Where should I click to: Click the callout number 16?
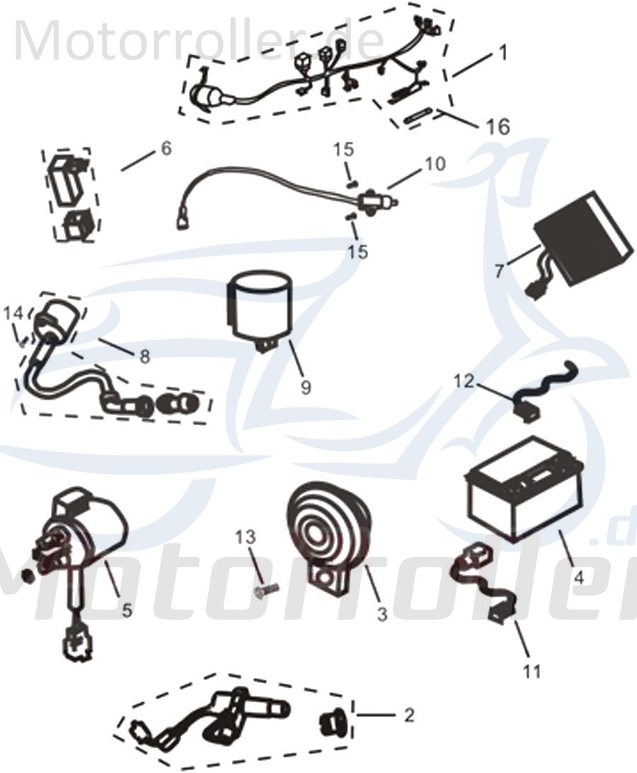[x=498, y=127]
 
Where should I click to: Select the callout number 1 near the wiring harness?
[x=503, y=53]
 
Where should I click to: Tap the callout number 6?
[x=166, y=148]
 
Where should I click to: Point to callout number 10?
[x=435, y=164]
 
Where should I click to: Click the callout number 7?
[x=499, y=270]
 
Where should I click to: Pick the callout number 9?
[x=305, y=388]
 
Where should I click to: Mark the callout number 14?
[x=13, y=312]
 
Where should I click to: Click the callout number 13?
[x=246, y=540]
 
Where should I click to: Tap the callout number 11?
[x=532, y=670]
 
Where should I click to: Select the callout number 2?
[x=408, y=715]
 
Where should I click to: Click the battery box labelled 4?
[x=524, y=492]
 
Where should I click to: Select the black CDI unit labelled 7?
[x=580, y=237]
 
